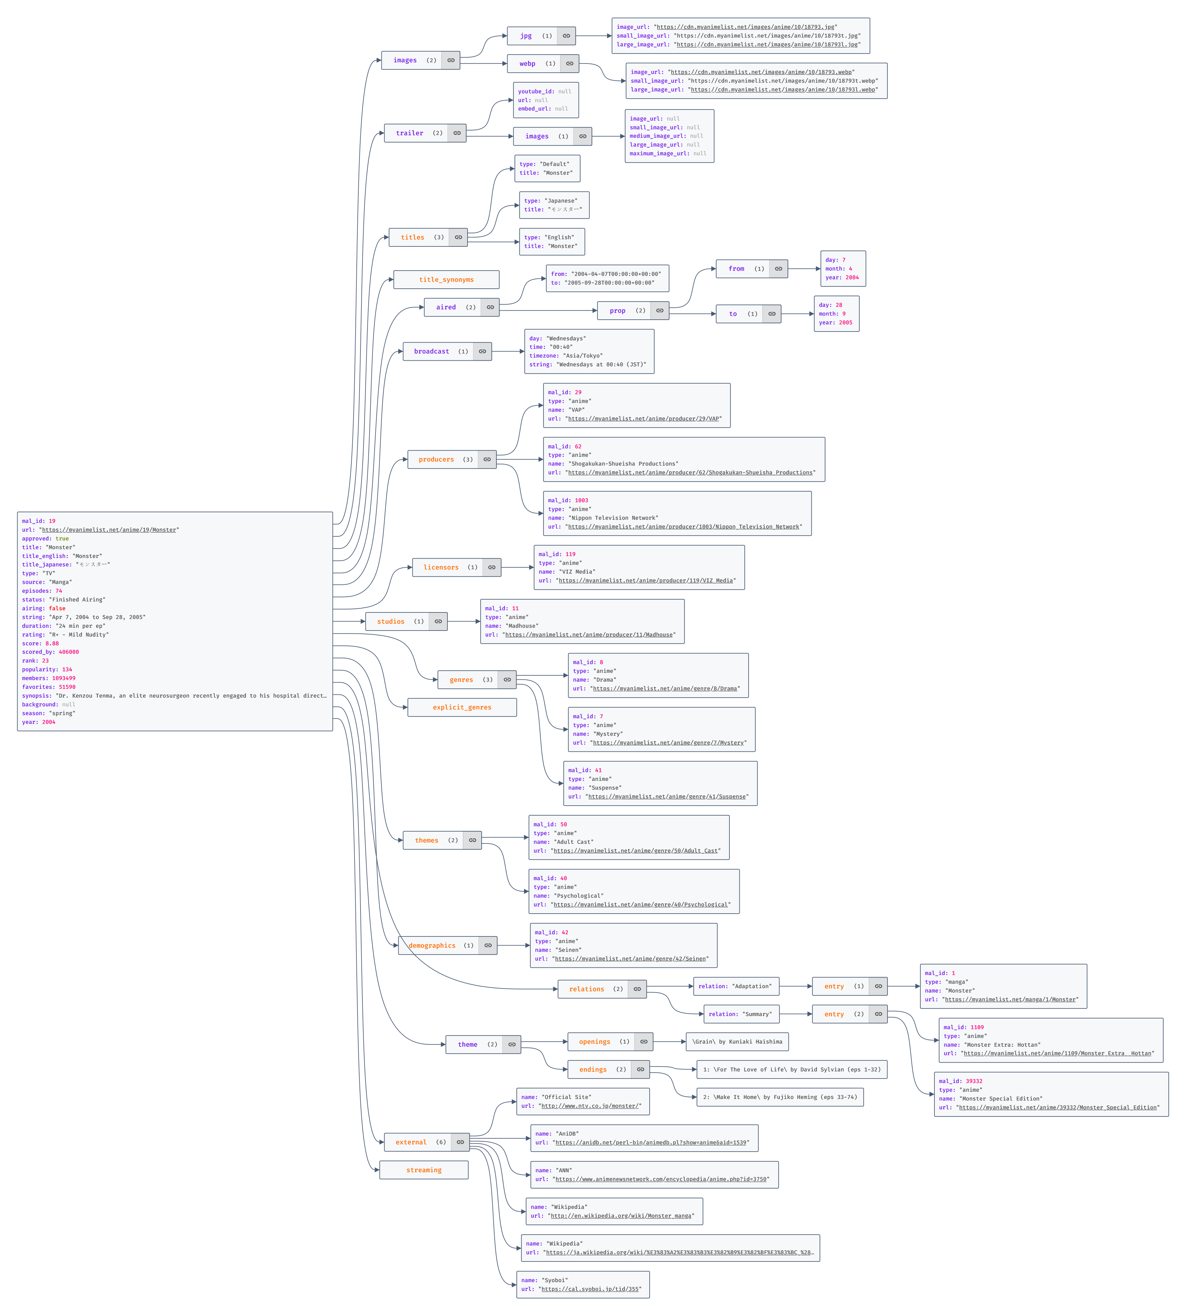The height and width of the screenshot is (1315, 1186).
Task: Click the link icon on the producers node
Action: tap(487, 460)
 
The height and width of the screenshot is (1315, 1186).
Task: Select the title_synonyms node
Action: tap(446, 280)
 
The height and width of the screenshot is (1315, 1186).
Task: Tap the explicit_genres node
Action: tap(462, 707)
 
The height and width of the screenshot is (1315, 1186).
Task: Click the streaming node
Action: tap(424, 1170)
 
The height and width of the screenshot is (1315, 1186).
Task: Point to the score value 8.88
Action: tap(52, 643)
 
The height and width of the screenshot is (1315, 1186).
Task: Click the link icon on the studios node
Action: tap(438, 621)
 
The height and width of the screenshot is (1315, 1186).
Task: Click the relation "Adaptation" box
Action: tap(736, 987)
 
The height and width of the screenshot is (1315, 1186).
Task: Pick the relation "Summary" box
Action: tap(741, 1014)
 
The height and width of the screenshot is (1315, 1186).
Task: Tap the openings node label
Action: tap(594, 1042)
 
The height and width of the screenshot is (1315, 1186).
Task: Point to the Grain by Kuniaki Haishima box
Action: tap(737, 1042)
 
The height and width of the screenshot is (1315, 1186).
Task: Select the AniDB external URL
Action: tap(650, 1143)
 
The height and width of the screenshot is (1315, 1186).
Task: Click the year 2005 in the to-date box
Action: tap(845, 323)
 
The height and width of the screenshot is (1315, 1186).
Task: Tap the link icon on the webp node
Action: tap(570, 64)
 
